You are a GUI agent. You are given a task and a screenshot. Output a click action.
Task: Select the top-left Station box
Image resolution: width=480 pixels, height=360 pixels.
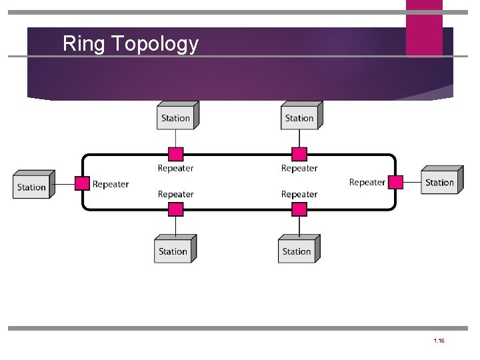[x=176, y=117]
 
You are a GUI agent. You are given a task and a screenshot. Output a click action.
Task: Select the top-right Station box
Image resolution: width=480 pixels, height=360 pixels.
[x=299, y=117]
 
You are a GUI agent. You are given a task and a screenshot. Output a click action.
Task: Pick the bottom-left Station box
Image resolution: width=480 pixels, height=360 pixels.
[x=173, y=251]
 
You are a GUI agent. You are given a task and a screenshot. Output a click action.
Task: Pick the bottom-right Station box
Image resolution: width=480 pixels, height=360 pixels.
[x=297, y=251]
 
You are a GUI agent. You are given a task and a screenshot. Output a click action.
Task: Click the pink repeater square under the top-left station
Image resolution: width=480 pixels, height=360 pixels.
[x=176, y=155]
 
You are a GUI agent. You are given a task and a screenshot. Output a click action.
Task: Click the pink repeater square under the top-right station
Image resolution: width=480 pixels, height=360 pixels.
[x=299, y=155]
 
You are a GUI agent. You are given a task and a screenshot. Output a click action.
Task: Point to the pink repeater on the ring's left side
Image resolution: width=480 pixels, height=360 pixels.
[x=82, y=183]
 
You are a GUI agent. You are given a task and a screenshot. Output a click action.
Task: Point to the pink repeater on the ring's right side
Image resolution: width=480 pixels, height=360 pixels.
[x=396, y=182]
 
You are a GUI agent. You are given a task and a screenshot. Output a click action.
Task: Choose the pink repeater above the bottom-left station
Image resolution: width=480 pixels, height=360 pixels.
[x=176, y=209]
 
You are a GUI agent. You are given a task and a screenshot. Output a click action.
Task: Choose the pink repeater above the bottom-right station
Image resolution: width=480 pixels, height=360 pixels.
[x=299, y=209]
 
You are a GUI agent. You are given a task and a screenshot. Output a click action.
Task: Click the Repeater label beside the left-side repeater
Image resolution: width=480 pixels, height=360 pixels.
[x=111, y=184]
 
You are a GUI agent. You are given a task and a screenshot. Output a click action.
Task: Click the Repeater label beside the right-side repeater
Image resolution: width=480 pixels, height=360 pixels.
[x=367, y=182]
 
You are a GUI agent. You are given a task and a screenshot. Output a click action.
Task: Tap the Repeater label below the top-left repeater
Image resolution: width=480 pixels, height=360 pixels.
[x=176, y=168]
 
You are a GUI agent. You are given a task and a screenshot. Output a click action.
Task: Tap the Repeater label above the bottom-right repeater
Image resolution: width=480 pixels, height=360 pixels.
[x=299, y=194]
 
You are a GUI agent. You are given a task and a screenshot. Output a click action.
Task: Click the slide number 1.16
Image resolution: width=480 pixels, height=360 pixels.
[x=439, y=341]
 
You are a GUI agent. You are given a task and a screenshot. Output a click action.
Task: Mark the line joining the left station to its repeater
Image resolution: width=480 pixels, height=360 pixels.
[x=65, y=183]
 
